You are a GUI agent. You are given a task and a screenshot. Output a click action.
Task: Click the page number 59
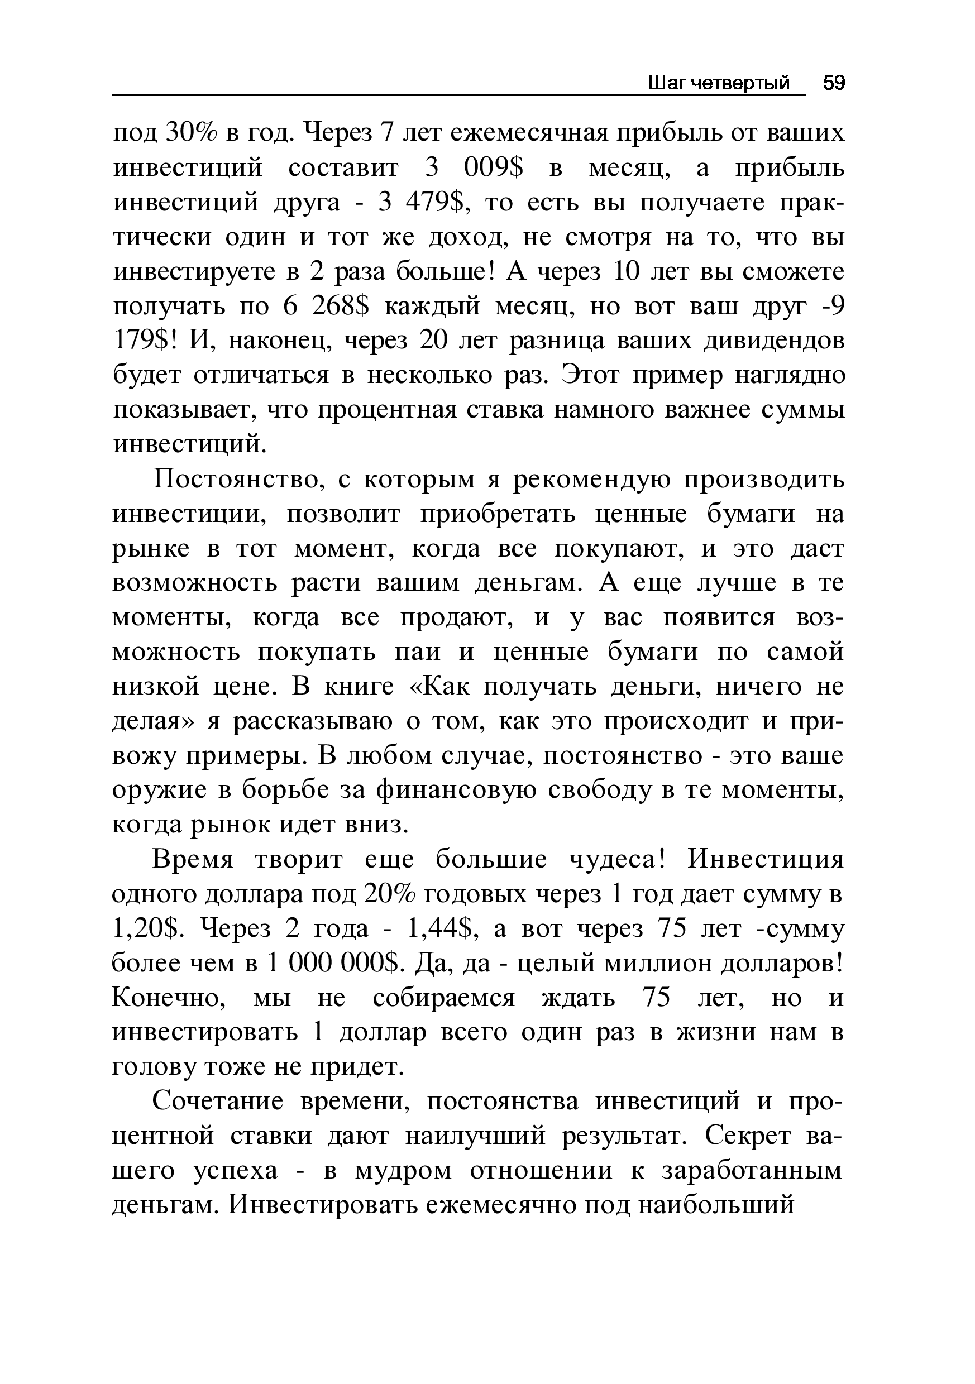[834, 83]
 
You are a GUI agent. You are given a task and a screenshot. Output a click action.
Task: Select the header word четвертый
[739, 83]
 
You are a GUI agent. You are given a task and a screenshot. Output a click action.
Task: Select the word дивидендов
[781, 341]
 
